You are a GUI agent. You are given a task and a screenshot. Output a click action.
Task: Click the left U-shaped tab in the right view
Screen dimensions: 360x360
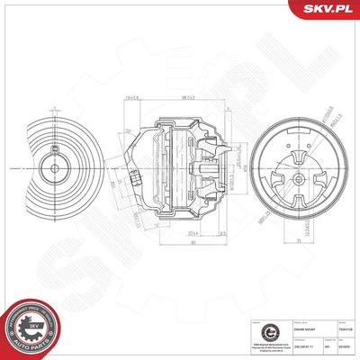click(262, 167)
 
